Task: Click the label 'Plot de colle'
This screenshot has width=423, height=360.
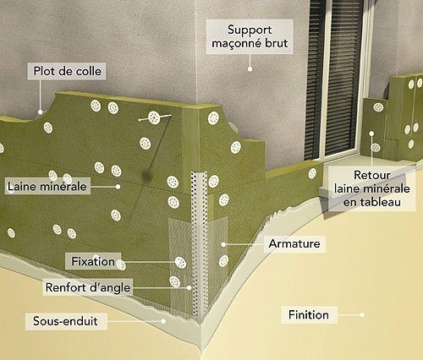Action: tap(67, 71)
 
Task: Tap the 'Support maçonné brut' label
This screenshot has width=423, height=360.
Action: tap(250, 36)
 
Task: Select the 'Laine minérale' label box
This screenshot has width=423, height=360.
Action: tap(47, 186)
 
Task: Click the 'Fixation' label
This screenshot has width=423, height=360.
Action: tap(93, 261)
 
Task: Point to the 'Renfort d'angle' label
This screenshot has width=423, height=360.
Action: tap(88, 287)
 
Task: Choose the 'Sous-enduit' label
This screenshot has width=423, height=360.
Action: tap(66, 321)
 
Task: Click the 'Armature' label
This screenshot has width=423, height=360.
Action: tap(294, 243)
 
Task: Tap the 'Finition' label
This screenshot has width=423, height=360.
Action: tap(309, 314)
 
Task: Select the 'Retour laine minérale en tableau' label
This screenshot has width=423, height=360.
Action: tap(371, 188)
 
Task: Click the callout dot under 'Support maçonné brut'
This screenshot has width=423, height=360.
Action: tap(250, 68)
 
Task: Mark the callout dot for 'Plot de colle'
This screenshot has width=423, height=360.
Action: tap(41, 112)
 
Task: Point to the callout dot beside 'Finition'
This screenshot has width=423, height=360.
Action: tap(362, 315)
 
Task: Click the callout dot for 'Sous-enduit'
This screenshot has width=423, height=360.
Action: tap(163, 321)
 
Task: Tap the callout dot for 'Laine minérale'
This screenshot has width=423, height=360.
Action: tap(118, 187)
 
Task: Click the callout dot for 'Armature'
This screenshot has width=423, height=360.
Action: tap(223, 244)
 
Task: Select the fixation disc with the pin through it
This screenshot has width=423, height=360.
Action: tap(154, 117)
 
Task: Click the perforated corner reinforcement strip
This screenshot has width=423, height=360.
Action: tap(200, 243)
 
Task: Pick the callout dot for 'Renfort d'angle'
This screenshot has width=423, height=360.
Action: tap(190, 288)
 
